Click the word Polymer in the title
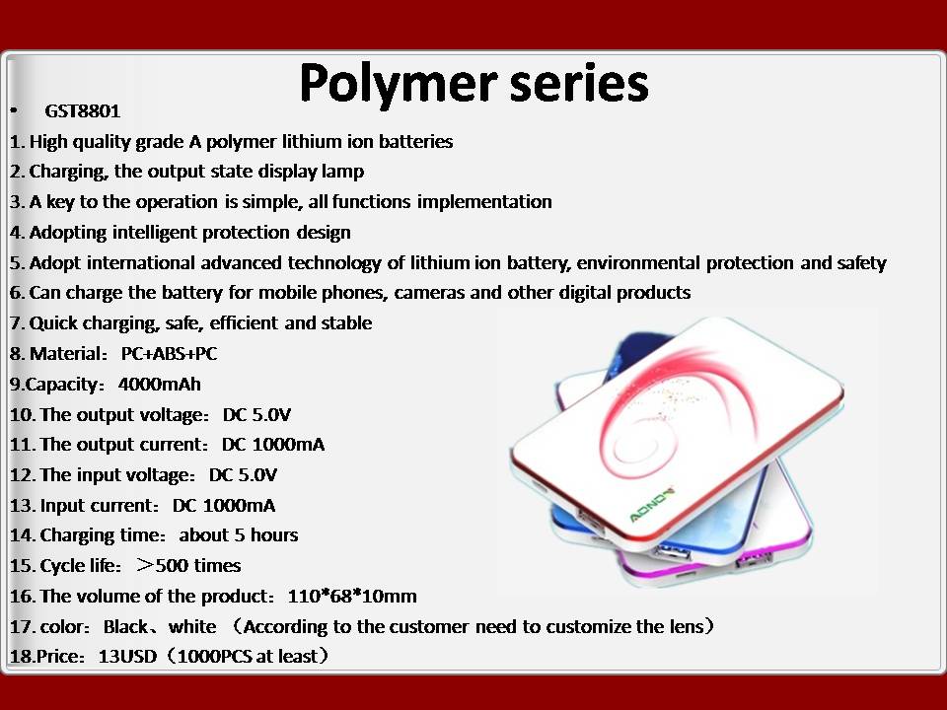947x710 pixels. [x=398, y=85]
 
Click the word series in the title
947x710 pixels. [x=579, y=83]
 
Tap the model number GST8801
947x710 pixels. [x=83, y=111]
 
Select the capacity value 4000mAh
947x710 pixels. [x=160, y=384]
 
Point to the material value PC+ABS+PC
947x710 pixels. [x=169, y=353]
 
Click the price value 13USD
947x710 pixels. [x=127, y=657]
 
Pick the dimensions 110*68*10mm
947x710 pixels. [x=352, y=596]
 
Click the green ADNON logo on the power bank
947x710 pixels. [x=652, y=505]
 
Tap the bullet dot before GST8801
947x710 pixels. [x=13, y=111]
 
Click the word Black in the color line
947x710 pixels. [x=125, y=627]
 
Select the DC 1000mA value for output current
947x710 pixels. [x=273, y=445]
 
